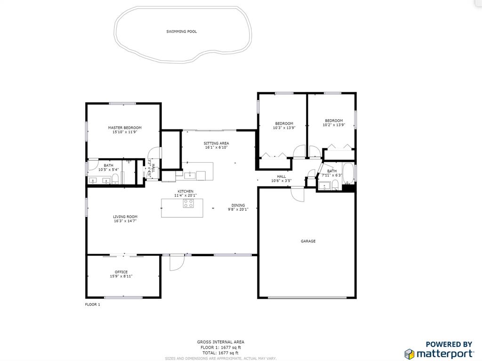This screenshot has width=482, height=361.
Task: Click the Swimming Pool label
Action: (181, 32)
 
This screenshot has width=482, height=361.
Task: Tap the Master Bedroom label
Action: (124, 128)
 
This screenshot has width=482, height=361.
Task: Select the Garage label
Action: (308, 241)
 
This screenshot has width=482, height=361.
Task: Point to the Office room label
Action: (121, 272)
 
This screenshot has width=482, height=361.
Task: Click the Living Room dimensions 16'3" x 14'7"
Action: (125, 221)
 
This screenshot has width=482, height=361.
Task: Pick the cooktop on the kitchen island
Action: (188, 203)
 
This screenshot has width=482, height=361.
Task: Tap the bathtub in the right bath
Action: (348, 173)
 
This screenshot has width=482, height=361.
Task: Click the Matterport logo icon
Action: (410, 354)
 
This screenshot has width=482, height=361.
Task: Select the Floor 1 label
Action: (93, 305)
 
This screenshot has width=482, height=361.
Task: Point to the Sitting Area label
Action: (216, 143)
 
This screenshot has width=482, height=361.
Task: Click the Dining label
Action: (238, 205)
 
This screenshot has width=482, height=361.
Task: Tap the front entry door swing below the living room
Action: (177, 263)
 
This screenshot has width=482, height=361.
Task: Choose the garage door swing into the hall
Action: (297, 195)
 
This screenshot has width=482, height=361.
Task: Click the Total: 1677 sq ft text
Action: (219, 353)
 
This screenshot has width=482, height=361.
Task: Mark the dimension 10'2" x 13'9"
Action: (334, 125)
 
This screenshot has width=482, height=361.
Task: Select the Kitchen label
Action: (185, 191)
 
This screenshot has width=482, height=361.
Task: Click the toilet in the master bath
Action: (115, 179)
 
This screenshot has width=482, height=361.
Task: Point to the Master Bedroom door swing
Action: (154, 153)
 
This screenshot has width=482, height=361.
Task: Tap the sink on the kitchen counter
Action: (190, 175)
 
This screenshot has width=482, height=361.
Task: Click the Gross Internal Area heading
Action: (221, 342)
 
